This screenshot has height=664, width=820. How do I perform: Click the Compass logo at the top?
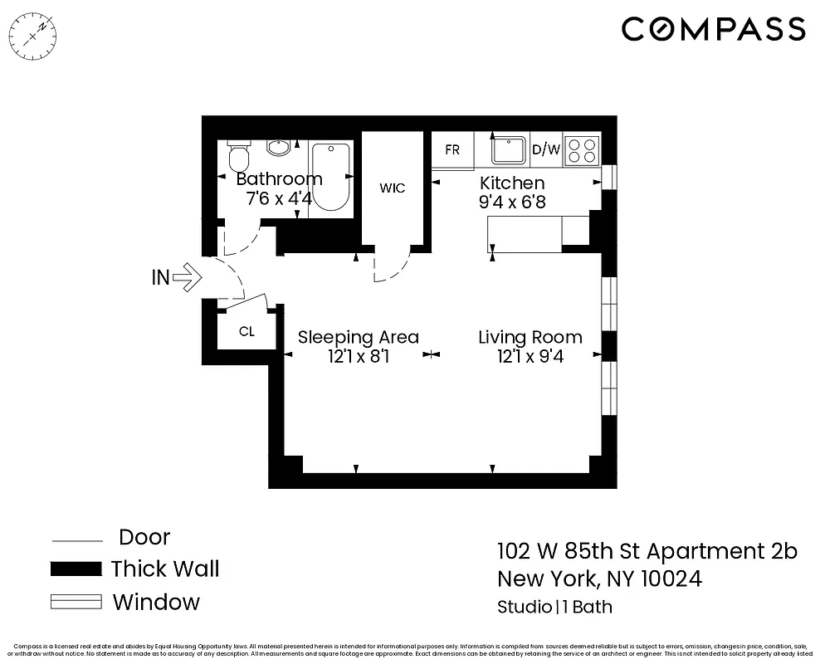[x=713, y=29]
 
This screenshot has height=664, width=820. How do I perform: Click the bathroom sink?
[x=279, y=149]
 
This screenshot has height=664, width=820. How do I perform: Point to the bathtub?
[x=332, y=177]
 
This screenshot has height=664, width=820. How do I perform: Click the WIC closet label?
[x=393, y=188]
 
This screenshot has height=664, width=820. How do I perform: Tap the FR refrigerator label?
[x=452, y=150]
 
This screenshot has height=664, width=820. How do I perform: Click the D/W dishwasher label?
[x=546, y=150]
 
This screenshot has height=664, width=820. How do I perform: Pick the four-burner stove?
[x=583, y=150]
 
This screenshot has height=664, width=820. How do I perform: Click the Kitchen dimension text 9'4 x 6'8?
[x=512, y=201]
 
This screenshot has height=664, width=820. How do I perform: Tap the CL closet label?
[x=246, y=332]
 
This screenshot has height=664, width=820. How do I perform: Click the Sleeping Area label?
[x=359, y=337]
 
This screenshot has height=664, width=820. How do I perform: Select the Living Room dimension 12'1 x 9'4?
[x=530, y=357]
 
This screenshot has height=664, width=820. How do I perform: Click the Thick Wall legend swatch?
[x=76, y=569]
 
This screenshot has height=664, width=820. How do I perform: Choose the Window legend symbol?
[x=76, y=602]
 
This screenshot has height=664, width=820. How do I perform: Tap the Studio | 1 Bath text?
[x=554, y=607]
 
